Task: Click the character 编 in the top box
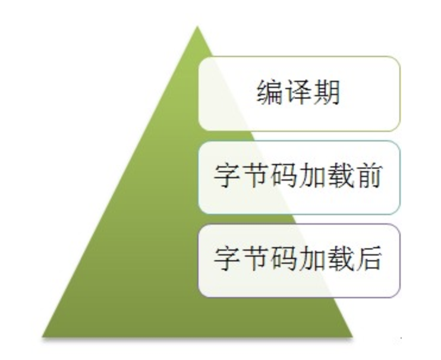click(x=269, y=93)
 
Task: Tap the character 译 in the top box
click(x=298, y=93)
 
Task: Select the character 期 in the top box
click(x=327, y=93)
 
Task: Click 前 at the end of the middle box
click(x=368, y=176)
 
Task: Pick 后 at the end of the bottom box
click(x=368, y=258)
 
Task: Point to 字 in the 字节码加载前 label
click(x=226, y=176)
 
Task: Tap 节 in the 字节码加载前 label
click(x=255, y=176)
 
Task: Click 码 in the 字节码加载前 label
click(x=283, y=176)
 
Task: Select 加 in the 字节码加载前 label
click(x=312, y=176)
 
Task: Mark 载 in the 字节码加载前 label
click(x=341, y=176)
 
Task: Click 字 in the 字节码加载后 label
click(x=226, y=258)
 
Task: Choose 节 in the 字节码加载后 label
click(x=255, y=258)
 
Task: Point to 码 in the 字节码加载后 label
click(x=283, y=258)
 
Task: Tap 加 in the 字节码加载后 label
click(x=312, y=258)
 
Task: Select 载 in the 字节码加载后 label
click(x=341, y=258)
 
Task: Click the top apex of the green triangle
click(x=197, y=26)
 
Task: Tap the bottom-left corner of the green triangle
click(x=42, y=336)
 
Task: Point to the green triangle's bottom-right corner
click(x=352, y=336)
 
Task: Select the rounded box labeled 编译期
click(x=300, y=94)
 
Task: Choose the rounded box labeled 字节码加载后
click(x=300, y=261)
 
